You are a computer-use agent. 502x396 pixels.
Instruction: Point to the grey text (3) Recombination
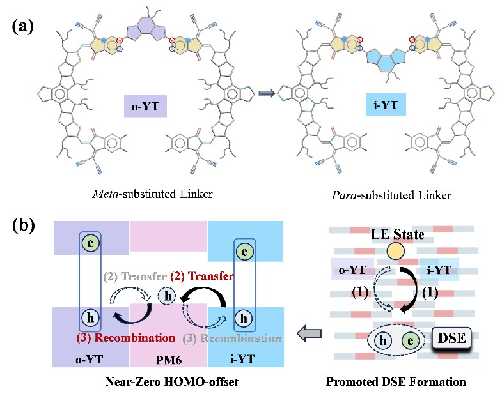pyautogui.click(x=242, y=337)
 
